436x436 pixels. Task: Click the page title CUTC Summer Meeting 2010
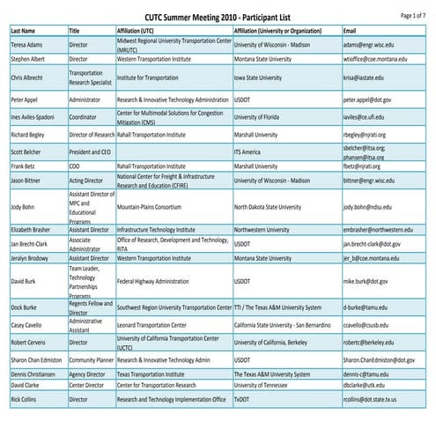[x=218, y=16]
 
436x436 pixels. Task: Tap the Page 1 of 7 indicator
[x=413, y=15]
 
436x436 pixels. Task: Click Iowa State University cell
[x=268, y=78]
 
